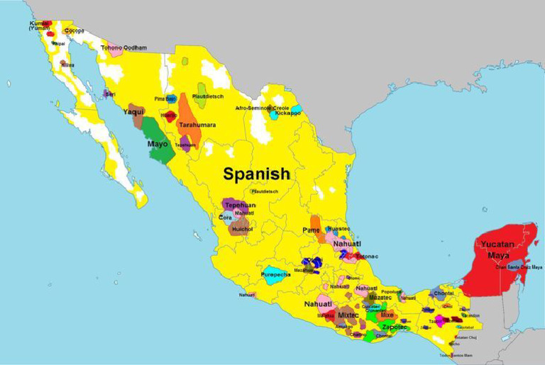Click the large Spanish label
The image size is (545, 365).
click(x=256, y=174)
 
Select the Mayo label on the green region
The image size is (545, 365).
click(x=157, y=144)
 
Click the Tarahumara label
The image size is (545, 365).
click(x=197, y=125)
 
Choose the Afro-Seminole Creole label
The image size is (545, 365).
click(x=262, y=108)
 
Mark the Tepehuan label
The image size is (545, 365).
click(x=240, y=205)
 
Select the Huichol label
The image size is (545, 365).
click(x=242, y=229)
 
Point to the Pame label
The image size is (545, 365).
click(x=311, y=230)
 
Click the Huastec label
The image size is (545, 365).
click(x=338, y=228)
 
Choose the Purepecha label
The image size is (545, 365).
click(x=275, y=274)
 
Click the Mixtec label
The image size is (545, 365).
click(x=348, y=315)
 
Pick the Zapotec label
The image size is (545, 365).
click(x=392, y=327)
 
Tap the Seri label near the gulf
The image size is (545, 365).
click(x=109, y=93)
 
